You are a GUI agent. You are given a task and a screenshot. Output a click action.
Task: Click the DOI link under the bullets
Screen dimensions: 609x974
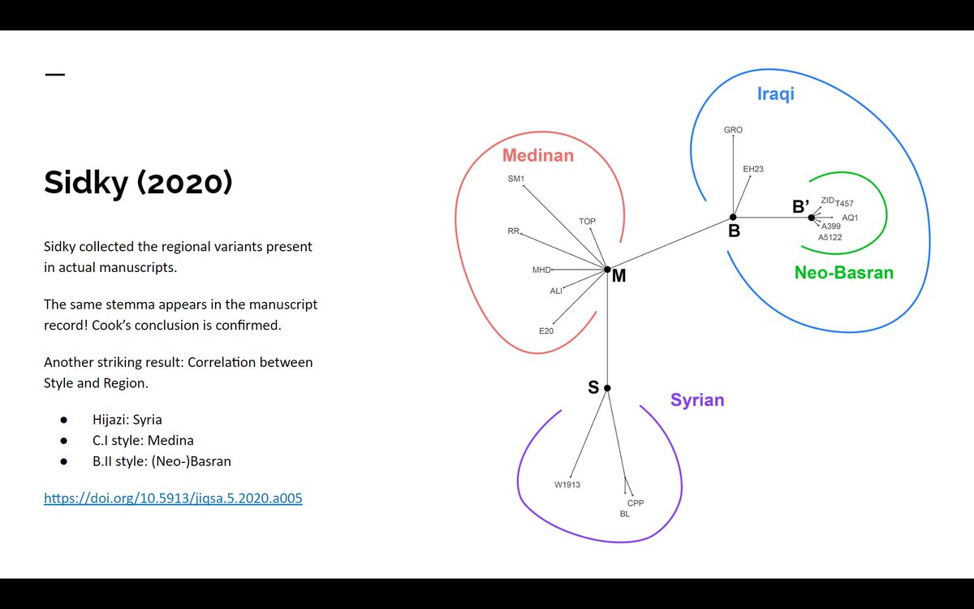[173, 499]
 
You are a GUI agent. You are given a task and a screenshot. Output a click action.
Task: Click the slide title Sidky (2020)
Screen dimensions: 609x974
[138, 183]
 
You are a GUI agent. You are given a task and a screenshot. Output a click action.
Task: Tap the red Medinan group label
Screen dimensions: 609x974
[538, 155]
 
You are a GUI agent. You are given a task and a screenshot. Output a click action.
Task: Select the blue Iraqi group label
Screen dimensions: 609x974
[775, 94]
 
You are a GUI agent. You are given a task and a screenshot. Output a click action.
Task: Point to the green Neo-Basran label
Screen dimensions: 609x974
[843, 273]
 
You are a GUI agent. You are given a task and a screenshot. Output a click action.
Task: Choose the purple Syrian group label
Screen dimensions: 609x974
[697, 400]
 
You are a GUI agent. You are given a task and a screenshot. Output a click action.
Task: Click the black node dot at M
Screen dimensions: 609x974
[607, 270]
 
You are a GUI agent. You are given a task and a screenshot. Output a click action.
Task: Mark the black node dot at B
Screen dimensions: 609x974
[733, 217]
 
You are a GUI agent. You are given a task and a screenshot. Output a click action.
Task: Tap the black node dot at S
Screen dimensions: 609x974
[607, 388]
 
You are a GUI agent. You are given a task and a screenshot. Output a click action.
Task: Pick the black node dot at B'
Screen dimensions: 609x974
[811, 217]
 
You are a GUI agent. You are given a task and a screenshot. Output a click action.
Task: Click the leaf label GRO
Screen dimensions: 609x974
[733, 130]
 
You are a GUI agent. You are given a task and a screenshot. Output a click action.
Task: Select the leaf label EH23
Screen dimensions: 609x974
[753, 169]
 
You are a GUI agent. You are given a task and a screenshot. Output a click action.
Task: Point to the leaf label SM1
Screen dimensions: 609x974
[516, 179]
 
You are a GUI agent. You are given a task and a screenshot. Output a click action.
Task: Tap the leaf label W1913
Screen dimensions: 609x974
[567, 485]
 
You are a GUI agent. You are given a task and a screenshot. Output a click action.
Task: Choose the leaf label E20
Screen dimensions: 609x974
[546, 330]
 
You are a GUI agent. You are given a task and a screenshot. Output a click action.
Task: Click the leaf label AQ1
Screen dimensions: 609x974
[850, 218]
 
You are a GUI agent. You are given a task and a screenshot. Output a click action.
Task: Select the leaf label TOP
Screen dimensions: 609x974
[587, 221]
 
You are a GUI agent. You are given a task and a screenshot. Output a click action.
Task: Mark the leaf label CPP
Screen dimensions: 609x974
[636, 503]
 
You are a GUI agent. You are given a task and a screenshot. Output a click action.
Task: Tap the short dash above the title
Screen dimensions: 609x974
[54, 75]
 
